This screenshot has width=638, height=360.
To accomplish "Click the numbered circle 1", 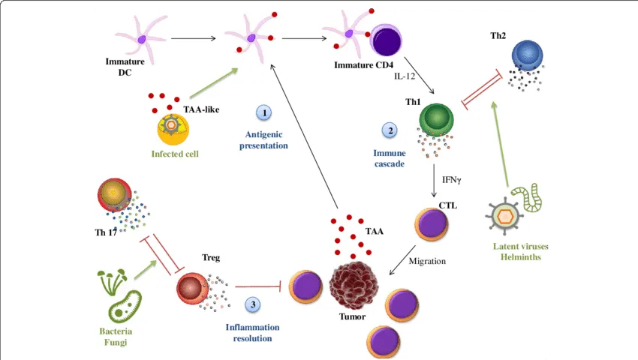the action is pos(264,112).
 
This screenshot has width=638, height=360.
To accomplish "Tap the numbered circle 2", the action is pos(390,130).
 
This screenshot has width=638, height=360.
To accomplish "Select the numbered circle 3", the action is pos(253,304).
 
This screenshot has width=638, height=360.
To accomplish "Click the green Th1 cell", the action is pos(437,118).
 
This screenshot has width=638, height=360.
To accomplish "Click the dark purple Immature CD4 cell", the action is pos(386,40).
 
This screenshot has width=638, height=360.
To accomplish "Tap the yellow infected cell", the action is pos(173,129).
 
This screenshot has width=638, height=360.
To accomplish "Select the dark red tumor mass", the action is pos(354,285).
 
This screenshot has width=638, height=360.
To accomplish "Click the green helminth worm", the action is pos(526,197).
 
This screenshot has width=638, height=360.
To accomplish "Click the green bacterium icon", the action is pos(125,307).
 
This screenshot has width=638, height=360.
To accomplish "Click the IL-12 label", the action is pos(405,76).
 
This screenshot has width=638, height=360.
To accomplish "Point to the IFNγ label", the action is pos(452,179).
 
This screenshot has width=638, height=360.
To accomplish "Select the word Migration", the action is pos(427,261).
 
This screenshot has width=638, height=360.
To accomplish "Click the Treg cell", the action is pos(192,289).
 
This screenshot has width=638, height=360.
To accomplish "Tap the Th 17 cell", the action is pos(115,195).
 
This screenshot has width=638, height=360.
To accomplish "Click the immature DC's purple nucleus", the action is pos(142,40).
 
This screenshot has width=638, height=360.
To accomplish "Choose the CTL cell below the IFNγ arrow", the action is pos(432,224).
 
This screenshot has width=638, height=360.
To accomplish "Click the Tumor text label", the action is pos(352,316).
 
